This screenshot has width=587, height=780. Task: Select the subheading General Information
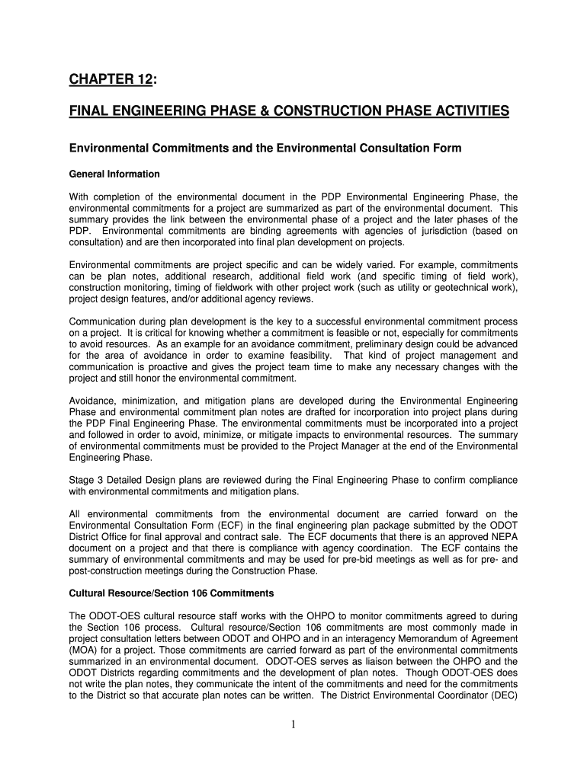click(x=114, y=174)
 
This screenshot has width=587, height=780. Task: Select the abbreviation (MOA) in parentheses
click(x=83, y=650)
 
